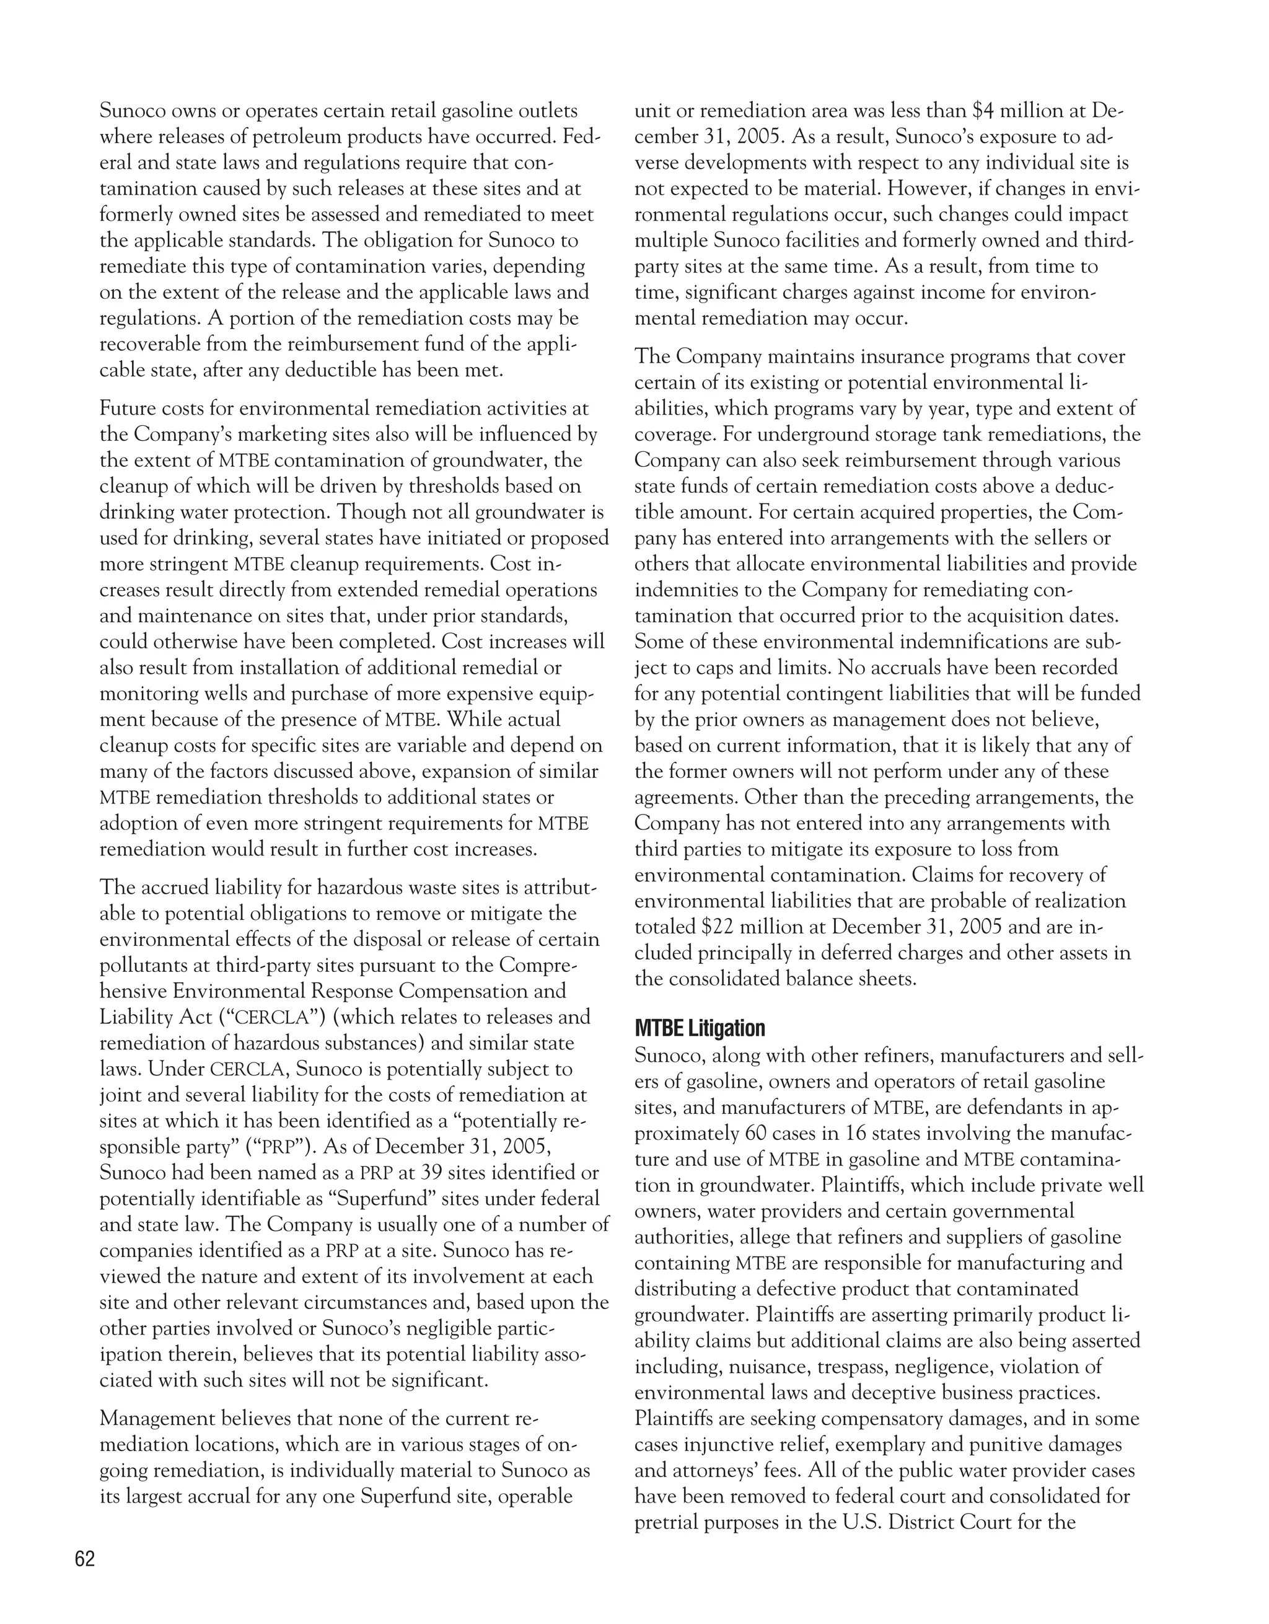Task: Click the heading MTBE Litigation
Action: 700,1028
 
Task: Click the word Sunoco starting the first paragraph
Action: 133,112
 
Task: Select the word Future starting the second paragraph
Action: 127,408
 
